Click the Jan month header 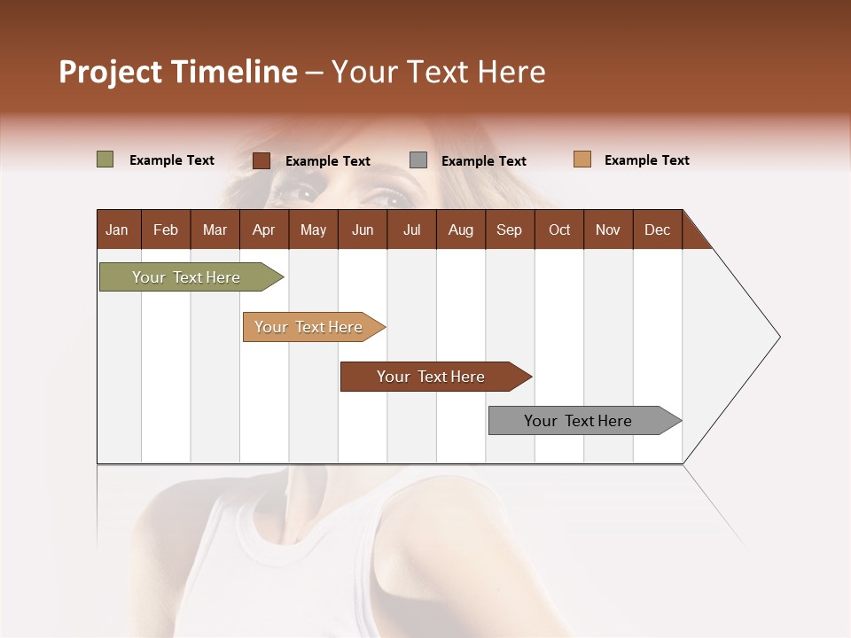pyautogui.click(x=118, y=230)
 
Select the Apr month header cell pyautogui.click(x=264, y=230)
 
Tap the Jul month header pyautogui.click(x=411, y=230)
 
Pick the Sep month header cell pyautogui.click(x=510, y=230)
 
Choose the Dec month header pyautogui.click(x=657, y=230)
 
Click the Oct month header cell pyautogui.click(x=559, y=230)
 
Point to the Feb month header pyautogui.click(x=166, y=230)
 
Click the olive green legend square pyautogui.click(x=105, y=159)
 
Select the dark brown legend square pyautogui.click(x=262, y=160)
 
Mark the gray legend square pyautogui.click(x=418, y=160)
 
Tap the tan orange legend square pyautogui.click(x=582, y=159)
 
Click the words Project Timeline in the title pyautogui.click(x=178, y=72)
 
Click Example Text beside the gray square pyautogui.click(x=483, y=161)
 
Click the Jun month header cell pyautogui.click(x=363, y=230)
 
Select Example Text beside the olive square pyautogui.click(x=172, y=160)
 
